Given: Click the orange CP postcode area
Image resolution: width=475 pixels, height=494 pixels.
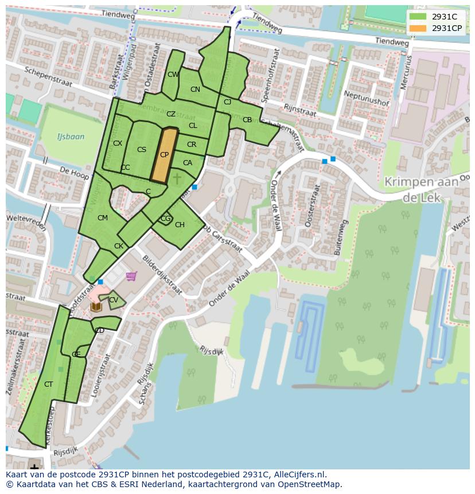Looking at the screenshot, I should click(163, 155).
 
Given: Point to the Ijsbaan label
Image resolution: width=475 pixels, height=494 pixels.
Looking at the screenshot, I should click(71, 137).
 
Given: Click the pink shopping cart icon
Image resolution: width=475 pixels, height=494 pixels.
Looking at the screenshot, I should click(131, 277).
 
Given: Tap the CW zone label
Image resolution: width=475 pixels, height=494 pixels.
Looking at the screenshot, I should click(173, 75).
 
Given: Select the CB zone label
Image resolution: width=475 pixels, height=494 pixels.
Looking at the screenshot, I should click(247, 120).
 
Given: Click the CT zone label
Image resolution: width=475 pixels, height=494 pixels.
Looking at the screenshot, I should click(49, 384).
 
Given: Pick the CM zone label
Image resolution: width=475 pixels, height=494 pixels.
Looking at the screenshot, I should click(103, 218).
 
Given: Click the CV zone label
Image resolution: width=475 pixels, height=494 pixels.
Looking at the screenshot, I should click(114, 300).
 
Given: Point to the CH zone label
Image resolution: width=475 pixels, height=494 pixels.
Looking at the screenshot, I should click(180, 225).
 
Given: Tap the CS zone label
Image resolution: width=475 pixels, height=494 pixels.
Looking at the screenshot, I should click(142, 150).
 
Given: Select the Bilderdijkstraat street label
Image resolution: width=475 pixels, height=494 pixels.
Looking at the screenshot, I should click(162, 275).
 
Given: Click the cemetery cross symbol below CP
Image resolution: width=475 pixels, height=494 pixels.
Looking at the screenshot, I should click(177, 179).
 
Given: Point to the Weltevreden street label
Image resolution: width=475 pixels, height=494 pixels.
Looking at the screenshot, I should click(26, 221).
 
